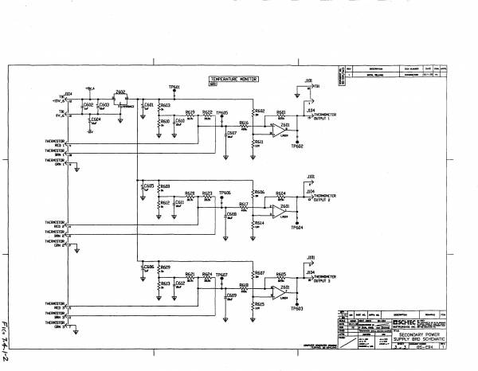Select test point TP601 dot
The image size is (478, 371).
pos(174,90)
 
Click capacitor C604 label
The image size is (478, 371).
pos(96,119)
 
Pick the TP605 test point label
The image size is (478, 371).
pos(223,114)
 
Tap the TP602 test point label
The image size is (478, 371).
pos(298,146)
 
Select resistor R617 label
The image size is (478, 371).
pos(243,205)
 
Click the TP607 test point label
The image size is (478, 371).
pos(223,274)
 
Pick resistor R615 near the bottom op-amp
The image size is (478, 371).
pos(259,304)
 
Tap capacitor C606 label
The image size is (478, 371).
pos(148,267)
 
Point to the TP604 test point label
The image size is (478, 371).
pos(298,227)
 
